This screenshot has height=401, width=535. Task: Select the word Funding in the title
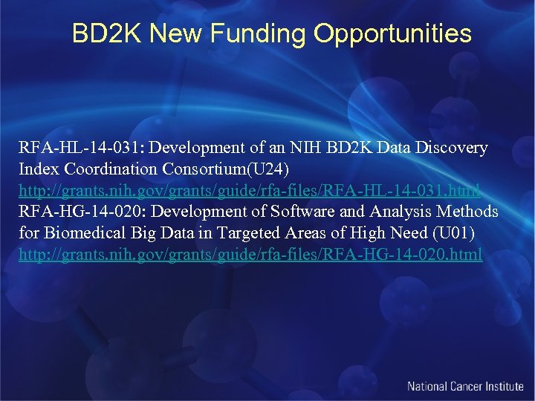253,33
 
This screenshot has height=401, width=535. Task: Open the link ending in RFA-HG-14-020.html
250,255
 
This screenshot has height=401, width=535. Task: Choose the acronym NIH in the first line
305,148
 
